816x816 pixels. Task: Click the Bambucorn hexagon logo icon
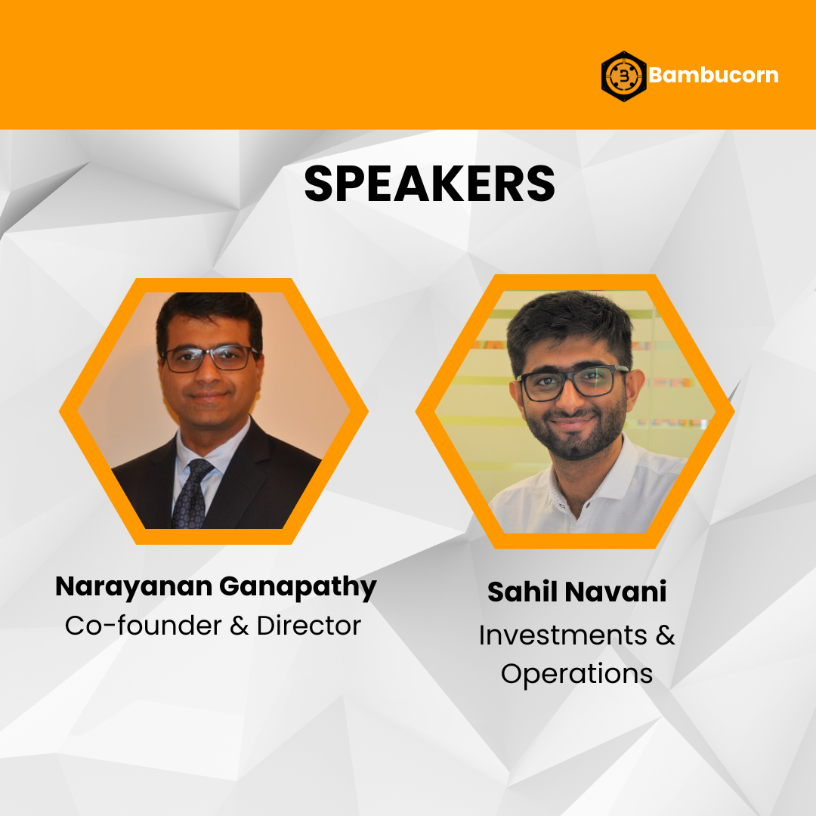click(623, 76)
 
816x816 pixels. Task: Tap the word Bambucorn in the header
click(713, 75)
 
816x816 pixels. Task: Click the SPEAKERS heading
click(430, 183)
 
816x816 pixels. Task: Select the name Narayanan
click(134, 586)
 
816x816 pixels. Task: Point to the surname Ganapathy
click(298, 588)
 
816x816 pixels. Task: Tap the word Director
click(308, 625)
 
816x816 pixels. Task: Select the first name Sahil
click(523, 592)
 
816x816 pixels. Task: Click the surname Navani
click(616, 592)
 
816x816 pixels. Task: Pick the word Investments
click(563, 635)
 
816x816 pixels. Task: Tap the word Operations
click(576, 673)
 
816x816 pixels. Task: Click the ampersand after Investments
click(665, 635)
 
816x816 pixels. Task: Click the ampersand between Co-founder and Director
click(239, 626)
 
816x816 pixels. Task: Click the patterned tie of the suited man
click(191, 493)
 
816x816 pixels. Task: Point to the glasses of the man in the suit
click(211, 358)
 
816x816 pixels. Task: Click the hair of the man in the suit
click(209, 315)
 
